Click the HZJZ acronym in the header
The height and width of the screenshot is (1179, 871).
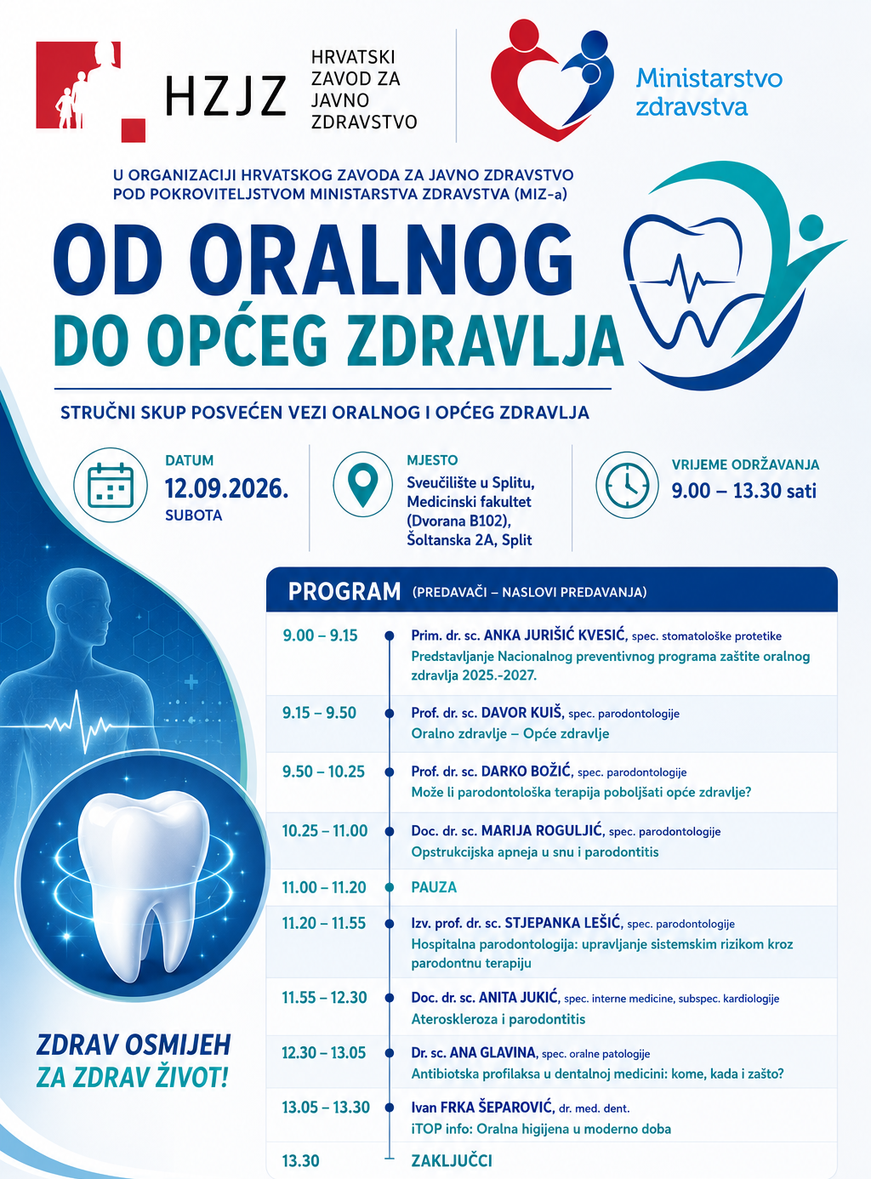tap(225, 95)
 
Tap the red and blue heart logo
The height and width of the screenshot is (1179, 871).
tap(552, 80)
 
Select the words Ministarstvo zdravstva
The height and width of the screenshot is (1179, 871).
tap(709, 92)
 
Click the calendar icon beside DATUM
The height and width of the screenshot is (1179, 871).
tap(111, 485)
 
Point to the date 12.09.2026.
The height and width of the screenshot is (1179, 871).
tap(226, 488)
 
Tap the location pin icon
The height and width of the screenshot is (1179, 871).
tap(362, 484)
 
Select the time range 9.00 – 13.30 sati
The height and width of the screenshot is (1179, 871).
tap(744, 491)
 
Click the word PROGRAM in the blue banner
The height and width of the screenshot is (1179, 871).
tap(344, 591)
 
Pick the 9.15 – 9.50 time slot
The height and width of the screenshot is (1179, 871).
tap(319, 713)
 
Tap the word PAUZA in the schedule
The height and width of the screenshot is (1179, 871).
tap(434, 887)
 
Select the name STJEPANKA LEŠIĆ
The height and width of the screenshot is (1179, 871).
tap(562, 923)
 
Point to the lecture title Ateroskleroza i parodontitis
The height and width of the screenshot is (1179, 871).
tap(498, 1019)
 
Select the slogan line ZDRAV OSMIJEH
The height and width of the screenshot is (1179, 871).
tap(134, 1045)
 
